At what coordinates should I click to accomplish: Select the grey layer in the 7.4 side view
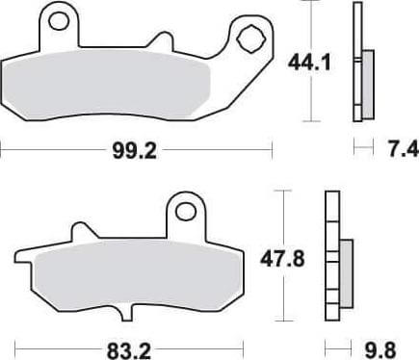(x=369, y=77)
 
